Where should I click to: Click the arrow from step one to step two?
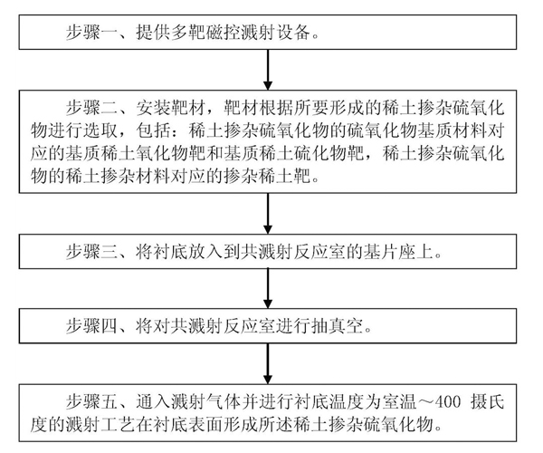click(268, 70)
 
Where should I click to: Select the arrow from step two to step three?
click(268, 214)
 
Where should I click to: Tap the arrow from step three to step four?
click(268, 289)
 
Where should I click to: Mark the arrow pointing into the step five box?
click(268, 363)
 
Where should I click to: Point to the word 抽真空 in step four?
click(337, 326)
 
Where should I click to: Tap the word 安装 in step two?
click(153, 108)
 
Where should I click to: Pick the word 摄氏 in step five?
click(487, 401)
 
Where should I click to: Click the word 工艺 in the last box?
click(118, 425)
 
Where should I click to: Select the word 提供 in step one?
click(153, 33)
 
